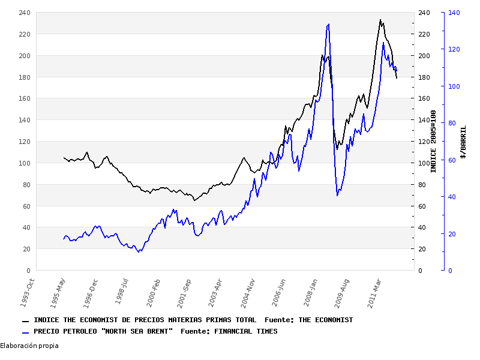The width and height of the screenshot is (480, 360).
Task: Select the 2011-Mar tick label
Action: pos(376,291)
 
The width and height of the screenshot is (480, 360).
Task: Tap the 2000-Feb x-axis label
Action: pos(154,291)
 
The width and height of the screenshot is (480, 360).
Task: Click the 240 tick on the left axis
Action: pos(25,13)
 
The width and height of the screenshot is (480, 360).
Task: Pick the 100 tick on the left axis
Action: pos(25,163)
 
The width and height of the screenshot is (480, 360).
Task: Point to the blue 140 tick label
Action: pos(454,13)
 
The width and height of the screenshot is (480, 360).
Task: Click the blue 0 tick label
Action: pos(450,271)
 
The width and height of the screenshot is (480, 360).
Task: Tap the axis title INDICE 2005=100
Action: pos(433,142)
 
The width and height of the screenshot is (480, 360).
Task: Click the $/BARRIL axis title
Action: pos(463,142)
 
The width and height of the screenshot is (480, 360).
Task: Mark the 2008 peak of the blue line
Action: pos(328,24)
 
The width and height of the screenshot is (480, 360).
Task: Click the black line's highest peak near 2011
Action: pos(380,20)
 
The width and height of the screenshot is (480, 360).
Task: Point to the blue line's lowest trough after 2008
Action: pos(337,196)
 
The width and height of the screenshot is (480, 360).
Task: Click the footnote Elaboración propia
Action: pos(29,346)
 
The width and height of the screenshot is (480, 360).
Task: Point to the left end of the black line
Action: pos(64,158)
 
